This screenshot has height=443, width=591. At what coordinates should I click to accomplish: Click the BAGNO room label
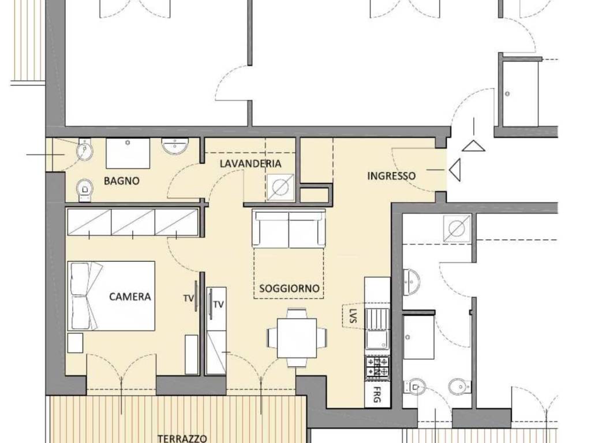(x=122, y=181)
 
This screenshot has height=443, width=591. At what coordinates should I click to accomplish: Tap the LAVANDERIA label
(x=250, y=164)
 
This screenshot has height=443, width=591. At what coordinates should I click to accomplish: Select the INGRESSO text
(x=391, y=176)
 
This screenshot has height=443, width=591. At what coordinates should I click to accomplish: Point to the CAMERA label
(x=130, y=296)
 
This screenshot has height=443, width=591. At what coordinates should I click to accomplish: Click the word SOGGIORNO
(x=289, y=288)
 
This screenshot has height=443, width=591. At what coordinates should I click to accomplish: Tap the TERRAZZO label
(x=182, y=438)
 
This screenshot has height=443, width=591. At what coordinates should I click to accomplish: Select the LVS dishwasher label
(x=353, y=316)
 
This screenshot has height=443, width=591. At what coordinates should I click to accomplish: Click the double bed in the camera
(x=111, y=296)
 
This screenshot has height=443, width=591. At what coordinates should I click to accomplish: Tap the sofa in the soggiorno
(x=289, y=228)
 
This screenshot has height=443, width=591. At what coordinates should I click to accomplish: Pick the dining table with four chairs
(x=297, y=337)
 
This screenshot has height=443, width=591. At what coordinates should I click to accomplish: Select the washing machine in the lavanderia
(x=280, y=187)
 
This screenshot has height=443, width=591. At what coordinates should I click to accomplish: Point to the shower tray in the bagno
(x=128, y=153)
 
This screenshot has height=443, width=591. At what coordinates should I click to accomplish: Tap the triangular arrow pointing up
(x=473, y=145)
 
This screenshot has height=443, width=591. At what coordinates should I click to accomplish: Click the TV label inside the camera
(x=188, y=298)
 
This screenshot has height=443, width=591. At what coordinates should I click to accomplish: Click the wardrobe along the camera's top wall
(x=133, y=222)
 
